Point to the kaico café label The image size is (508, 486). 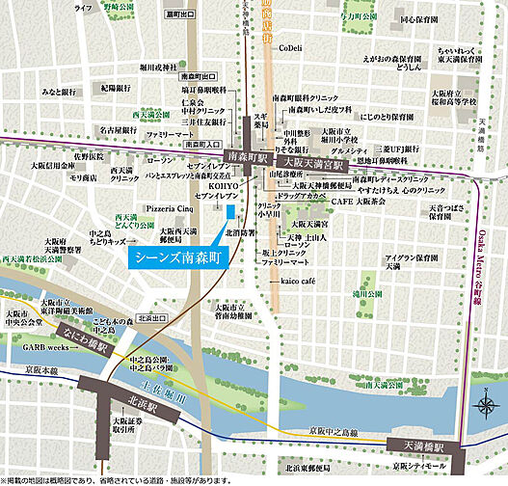(x=298, y=278)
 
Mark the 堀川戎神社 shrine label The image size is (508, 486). (x=159, y=67)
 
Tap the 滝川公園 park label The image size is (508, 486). (x=367, y=293)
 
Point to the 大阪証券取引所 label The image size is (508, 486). (x=125, y=425)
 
